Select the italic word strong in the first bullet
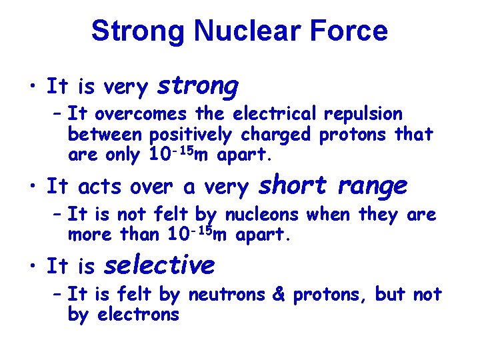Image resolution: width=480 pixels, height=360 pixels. pyautogui.click(x=197, y=86)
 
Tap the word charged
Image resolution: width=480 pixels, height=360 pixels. pyautogui.click(x=276, y=135)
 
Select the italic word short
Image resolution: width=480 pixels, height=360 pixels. pyautogui.click(x=292, y=185)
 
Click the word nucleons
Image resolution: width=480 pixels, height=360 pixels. pyautogui.click(x=265, y=215)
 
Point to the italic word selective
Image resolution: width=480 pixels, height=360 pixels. pyautogui.click(x=159, y=265)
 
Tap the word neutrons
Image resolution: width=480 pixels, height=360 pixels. pyautogui.click(x=227, y=295)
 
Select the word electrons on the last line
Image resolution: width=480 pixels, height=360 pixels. pyautogui.click(x=139, y=315)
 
